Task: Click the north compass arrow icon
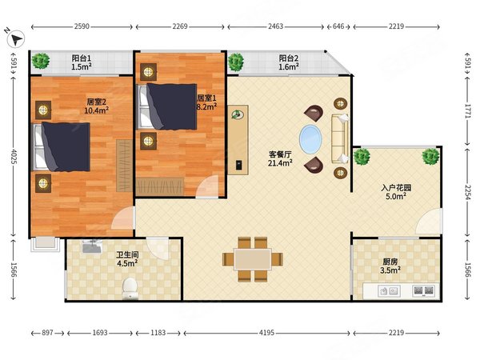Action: coord(16,39)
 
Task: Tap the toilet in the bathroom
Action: coord(130,288)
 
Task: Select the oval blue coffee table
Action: coord(310,138)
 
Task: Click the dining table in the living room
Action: coord(253,259)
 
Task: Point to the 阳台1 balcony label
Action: coord(82,58)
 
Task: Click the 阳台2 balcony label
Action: coord(288,58)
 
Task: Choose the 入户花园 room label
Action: coord(396,187)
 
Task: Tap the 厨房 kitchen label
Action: coord(390,262)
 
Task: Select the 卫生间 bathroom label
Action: coord(127,254)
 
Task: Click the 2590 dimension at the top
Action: coord(82,26)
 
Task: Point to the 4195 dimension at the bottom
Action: coord(266,333)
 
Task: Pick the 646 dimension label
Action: coord(338,26)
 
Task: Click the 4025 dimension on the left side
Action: coord(13,156)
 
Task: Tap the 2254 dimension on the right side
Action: coord(467,192)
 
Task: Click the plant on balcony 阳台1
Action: coord(41,61)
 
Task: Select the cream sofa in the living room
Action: coord(340,138)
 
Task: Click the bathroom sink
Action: coord(92,246)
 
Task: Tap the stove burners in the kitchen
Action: coord(424,290)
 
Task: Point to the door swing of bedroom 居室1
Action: coord(208,186)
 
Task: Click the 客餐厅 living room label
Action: coord(280,154)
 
